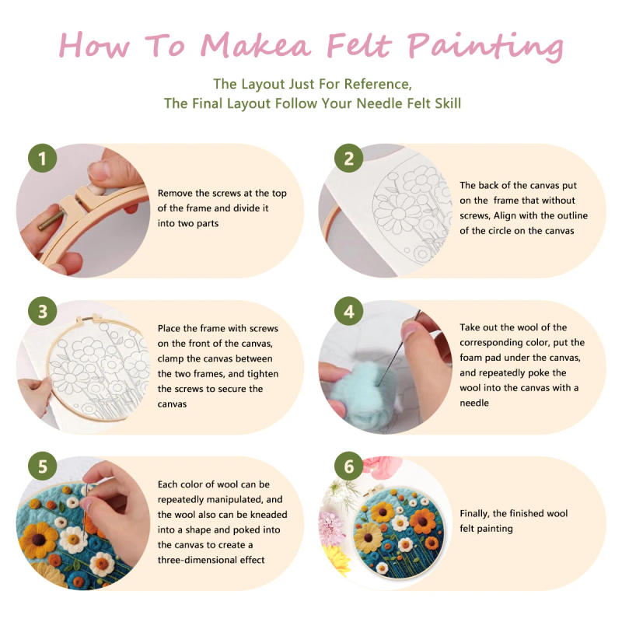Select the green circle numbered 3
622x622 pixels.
point(43,312)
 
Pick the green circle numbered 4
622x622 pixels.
point(349,312)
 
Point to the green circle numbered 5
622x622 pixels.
point(43,466)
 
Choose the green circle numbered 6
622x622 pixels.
point(349,466)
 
